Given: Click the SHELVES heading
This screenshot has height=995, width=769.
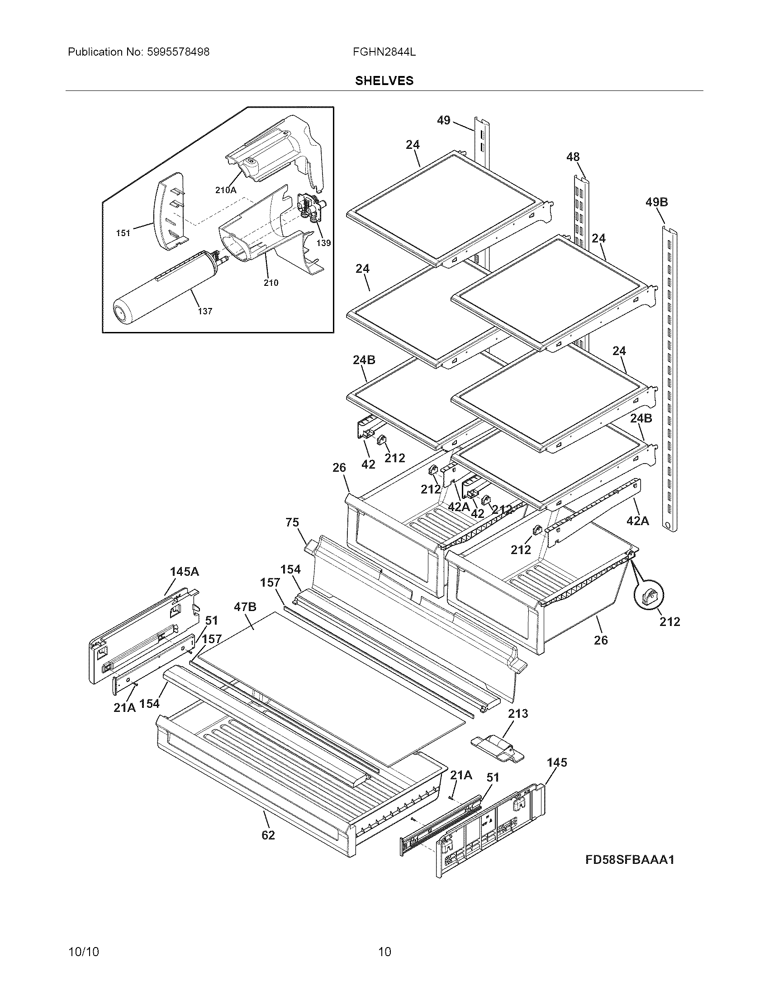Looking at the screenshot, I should [x=384, y=81].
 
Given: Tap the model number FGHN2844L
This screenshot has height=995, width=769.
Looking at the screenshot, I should [x=384, y=52].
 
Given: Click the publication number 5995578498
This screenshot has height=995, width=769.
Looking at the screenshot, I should [x=178, y=52].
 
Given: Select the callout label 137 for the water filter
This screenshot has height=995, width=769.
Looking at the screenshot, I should [x=205, y=311].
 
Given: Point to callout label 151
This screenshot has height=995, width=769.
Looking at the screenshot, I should [x=123, y=233].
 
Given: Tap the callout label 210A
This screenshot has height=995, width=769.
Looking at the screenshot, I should [x=226, y=190].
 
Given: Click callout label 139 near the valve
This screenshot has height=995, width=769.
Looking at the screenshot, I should [x=323, y=243].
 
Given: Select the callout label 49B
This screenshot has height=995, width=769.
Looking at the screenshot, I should [x=656, y=202].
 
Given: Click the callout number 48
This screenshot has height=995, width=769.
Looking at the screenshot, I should [x=573, y=157].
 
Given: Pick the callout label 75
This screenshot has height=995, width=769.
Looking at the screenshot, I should [x=292, y=522].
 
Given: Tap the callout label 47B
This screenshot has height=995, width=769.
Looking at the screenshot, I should [x=245, y=606].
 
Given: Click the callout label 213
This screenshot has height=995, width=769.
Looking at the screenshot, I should [x=518, y=713].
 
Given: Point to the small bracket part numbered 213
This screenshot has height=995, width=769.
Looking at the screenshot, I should [x=498, y=748].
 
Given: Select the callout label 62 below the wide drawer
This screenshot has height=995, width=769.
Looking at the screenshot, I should [x=268, y=835].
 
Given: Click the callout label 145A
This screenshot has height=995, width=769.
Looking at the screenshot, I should [x=185, y=571].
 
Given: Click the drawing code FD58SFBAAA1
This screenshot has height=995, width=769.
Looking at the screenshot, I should [x=630, y=860].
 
